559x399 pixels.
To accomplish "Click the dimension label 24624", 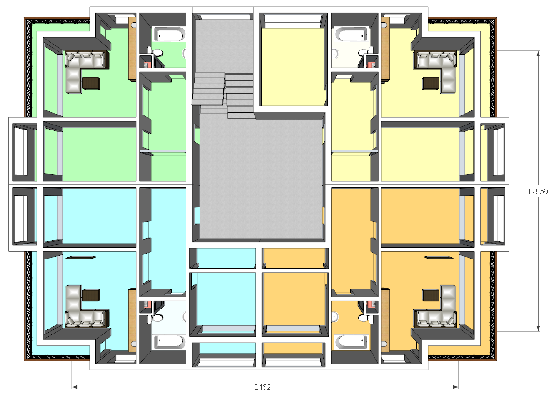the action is pyautogui.click(x=265, y=387).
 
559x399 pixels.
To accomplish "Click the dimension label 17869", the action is pyautogui.click(x=538, y=191).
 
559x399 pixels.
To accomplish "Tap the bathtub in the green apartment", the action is pyautogui.click(x=170, y=34).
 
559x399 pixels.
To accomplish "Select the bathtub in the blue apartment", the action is pyautogui.click(x=170, y=342).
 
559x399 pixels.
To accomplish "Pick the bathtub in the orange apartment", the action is pyautogui.click(x=351, y=342).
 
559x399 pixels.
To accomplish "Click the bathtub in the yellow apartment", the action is pyautogui.click(x=351, y=34).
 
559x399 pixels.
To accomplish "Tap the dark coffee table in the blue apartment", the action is pyautogui.click(x=91, y=295).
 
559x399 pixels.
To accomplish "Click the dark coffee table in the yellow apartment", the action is pyautogui.click(x=430, y=83).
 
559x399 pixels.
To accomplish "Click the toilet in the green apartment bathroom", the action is pyautogui.click(x=156, y=52).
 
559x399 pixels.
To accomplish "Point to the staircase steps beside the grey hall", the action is pyautogui.click(x=223, y=95).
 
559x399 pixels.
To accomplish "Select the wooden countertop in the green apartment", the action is pyautogui.click(x=132, y=49).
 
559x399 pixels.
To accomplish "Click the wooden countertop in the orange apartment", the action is pyautogui.click(x=385, y=321).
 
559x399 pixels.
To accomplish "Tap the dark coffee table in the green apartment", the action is pyautogui.click(x=91, y=83).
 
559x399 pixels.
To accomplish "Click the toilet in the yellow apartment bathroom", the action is pyautogui.click(x=365, y=53).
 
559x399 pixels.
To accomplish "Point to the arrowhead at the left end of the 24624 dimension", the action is pyautogui.click(x=74, y=387).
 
